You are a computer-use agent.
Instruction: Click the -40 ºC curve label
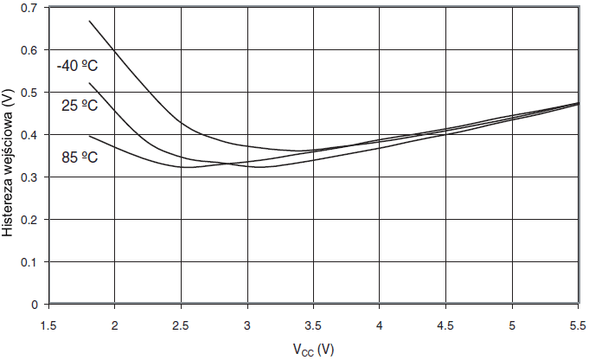tap(79, 65)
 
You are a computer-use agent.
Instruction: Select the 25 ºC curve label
tap(79, 106)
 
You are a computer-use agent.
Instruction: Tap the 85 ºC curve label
tap(79, 158)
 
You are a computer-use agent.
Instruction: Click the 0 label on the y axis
tap(35, 305)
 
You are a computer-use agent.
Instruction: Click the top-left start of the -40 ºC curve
tap(89, 21)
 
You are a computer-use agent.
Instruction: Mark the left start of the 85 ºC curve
tap(89, 136)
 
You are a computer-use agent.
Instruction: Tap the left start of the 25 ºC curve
tap(89, 83)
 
